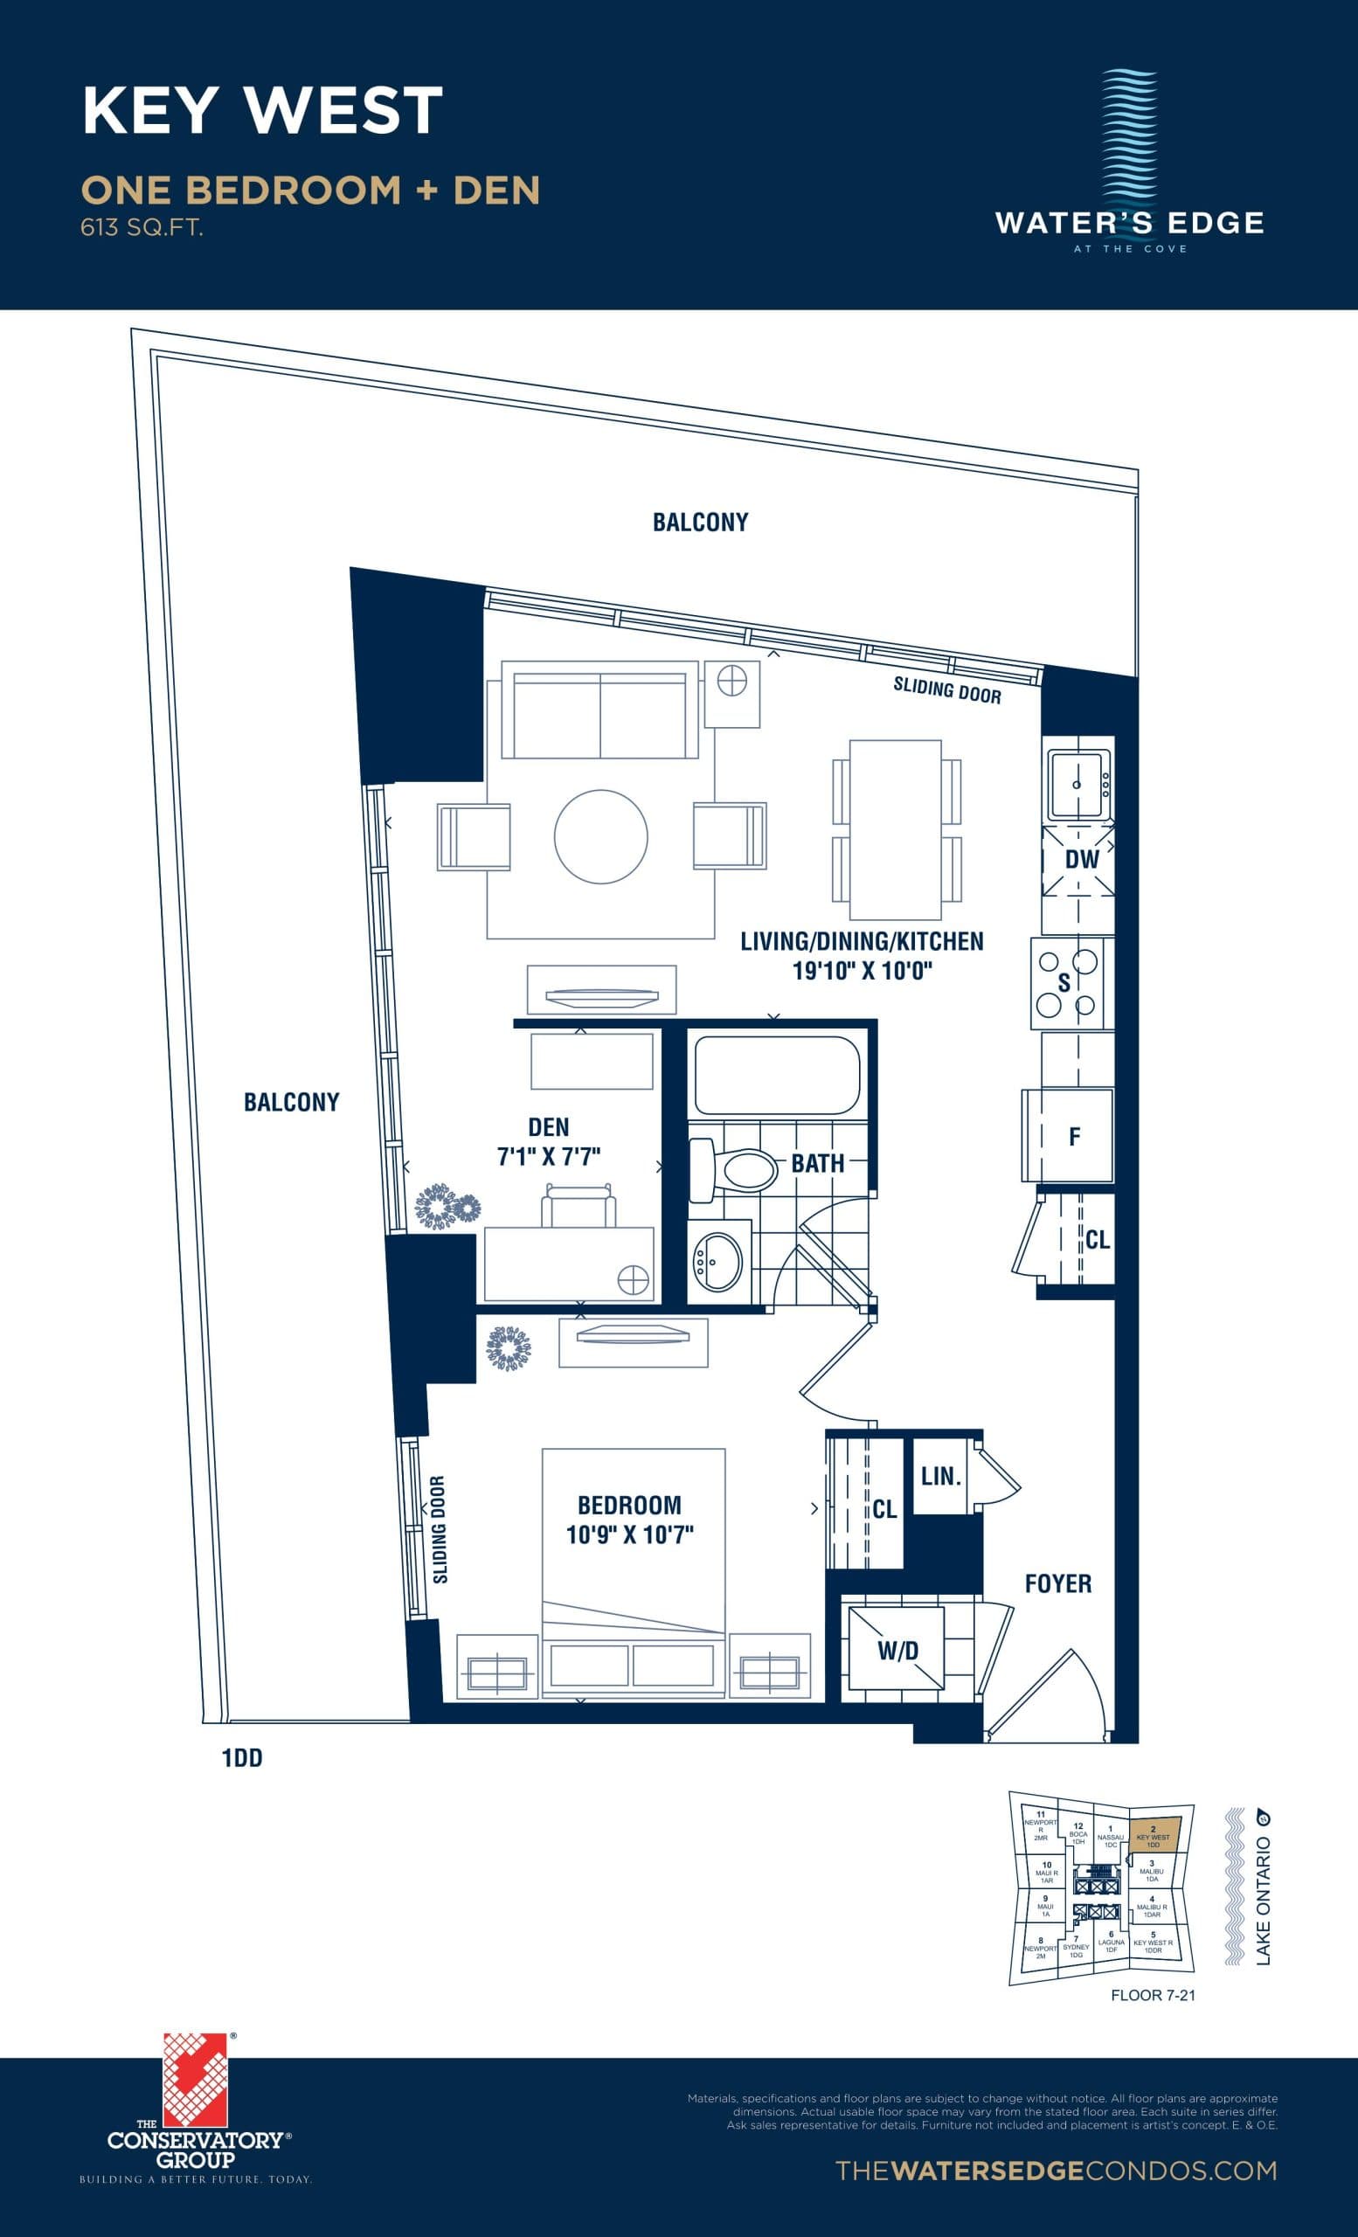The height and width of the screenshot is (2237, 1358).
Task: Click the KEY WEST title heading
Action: coord(262,111)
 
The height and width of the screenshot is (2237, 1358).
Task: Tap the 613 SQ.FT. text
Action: coord(142,227)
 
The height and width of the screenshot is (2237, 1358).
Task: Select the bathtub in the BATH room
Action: coord(776,1075)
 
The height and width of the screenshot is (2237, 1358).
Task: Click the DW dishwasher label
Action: coord(1081,859)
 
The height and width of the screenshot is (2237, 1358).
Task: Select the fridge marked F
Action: coord(1075,1136)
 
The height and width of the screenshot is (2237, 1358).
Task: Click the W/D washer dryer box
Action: coord(897,1651)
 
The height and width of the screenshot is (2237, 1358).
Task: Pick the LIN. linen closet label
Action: coord(940,1477)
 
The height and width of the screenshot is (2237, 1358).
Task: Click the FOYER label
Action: coord(1057,1584)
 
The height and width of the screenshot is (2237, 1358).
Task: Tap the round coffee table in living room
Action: coord(601,836)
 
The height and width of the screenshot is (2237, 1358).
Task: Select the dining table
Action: coord(895,830)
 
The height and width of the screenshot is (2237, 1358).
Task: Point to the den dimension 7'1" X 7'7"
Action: coord(548,1156)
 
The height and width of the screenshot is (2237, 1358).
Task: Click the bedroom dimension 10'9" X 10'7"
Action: coord(630,1535)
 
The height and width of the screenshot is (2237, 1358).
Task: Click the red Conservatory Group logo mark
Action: coord(194,2080)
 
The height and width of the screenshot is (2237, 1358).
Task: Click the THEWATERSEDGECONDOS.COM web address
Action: coord(1055,2171)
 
